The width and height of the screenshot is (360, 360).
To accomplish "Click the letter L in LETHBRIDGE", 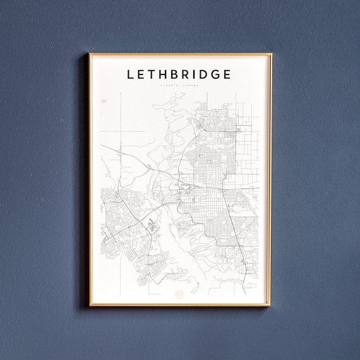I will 131,75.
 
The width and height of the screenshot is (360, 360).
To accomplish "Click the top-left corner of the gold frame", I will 90,54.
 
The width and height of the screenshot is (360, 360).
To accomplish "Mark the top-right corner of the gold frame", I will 270,54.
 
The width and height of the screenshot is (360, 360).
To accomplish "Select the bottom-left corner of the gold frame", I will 90,306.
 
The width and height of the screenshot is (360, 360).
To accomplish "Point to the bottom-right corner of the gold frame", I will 270,306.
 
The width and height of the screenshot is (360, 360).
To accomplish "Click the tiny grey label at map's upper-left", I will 104,100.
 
